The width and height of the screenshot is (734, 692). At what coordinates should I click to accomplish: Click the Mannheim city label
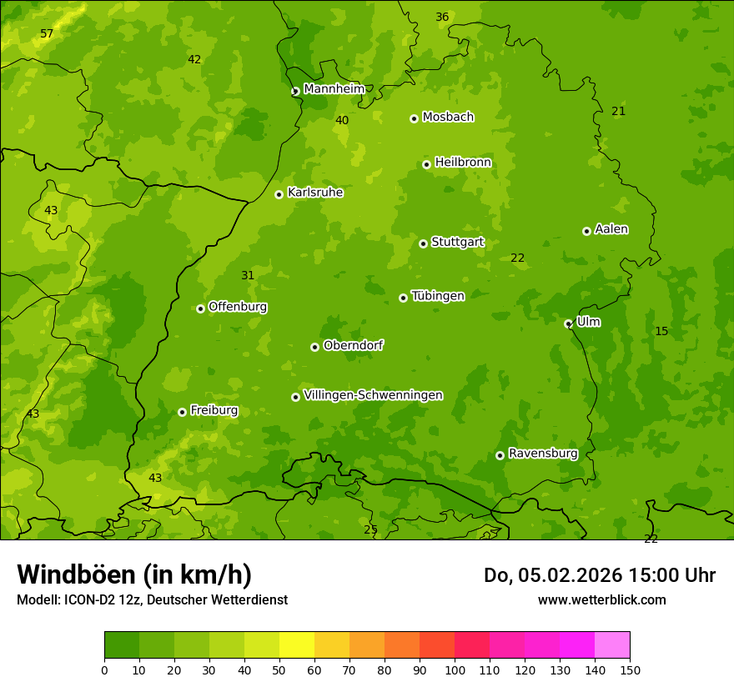(334, 88)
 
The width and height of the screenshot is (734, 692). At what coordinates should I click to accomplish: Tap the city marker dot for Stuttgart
(423, 243)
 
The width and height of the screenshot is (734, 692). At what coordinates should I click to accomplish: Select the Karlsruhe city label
(314, 193)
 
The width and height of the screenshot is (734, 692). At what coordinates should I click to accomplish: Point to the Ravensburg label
(542, 454)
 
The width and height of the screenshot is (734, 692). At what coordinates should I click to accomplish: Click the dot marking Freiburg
(182, 412)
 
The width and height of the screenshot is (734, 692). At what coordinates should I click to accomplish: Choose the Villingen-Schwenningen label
(373, 395)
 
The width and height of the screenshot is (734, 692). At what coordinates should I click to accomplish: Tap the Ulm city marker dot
(568, 323)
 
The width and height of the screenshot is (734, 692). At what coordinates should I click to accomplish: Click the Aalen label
(611, 229)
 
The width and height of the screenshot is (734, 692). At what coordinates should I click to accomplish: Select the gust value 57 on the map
(47, 34)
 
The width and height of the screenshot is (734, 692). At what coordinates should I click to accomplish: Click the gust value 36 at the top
(442, 18)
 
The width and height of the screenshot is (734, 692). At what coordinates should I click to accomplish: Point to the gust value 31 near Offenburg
(248, 276)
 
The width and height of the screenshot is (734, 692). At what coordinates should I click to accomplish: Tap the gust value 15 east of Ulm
(661, 332)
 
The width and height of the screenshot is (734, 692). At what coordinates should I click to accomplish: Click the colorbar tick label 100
(455, 669)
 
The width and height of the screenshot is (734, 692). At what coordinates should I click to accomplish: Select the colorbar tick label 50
(279, 669)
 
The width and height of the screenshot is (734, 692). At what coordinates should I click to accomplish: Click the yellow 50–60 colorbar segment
(297, 645)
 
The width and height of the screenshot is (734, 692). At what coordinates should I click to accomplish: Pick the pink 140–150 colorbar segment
(612, 645)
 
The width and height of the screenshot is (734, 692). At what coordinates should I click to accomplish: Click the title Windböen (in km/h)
(134, 574)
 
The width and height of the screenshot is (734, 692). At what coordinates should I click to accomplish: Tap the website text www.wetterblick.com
(601, 599)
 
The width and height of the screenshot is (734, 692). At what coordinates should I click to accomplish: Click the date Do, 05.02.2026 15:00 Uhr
(599, 575)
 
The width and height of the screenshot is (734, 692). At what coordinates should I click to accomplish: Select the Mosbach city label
(447, 117)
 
